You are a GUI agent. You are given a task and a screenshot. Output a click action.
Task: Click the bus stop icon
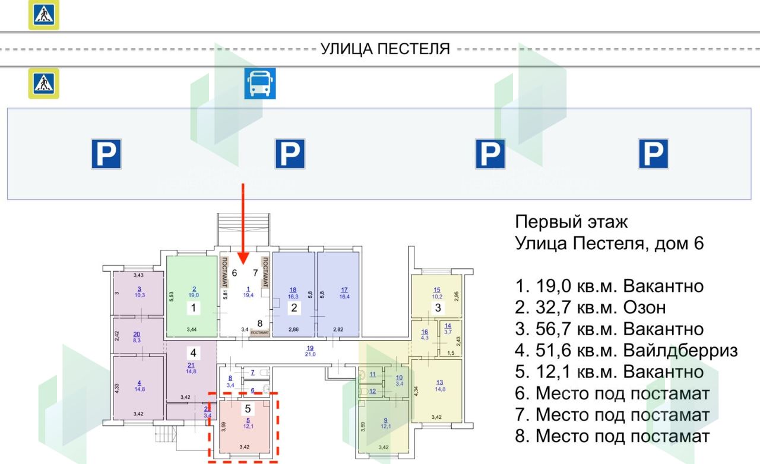[x=261, y=84]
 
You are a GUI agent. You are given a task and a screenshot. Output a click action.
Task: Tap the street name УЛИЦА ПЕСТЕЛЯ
[x=385, y=49]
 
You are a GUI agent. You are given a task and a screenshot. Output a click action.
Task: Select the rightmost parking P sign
[x=653, y=154]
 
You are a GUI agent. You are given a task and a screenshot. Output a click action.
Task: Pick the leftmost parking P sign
[x=106, y=154]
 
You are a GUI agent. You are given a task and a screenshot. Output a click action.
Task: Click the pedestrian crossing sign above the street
[x=44, y=15]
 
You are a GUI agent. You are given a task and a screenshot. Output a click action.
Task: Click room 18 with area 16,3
[x=293, y=294]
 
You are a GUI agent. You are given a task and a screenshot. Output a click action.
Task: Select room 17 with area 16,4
[x=338, y=294]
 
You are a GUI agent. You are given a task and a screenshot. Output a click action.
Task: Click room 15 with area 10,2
[x=436, y=294]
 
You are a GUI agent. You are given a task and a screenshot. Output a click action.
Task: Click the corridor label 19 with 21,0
[x=309, y=351]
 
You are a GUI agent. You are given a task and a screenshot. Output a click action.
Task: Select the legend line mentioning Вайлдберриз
[x=626, y=351]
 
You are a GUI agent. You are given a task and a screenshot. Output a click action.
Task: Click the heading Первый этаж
[x=571, y=223]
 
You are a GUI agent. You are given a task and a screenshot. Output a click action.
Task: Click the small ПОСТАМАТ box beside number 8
[x=260, y=333]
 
